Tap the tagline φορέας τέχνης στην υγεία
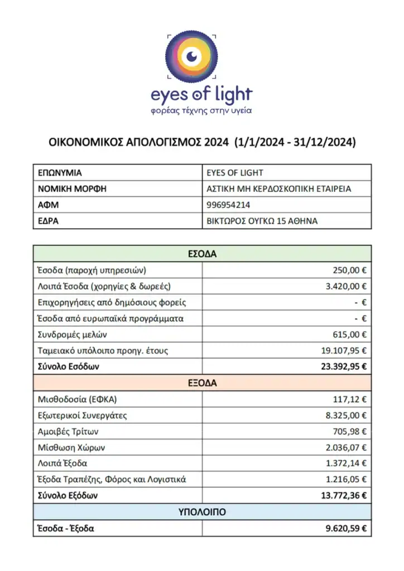(201, 110)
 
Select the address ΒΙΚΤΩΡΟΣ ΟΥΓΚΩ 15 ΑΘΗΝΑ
(262, 221)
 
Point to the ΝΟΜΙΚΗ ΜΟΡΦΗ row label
(72, 188)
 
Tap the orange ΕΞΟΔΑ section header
(201, 383)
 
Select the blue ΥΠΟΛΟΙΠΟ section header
(201, 511)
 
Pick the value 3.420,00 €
(347, 287)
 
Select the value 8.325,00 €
(347, 415)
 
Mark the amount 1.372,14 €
(347, 463)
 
